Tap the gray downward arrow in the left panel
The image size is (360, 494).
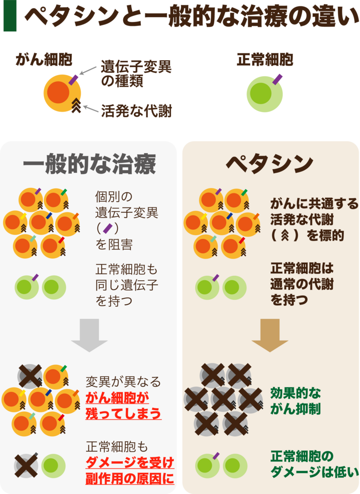[x=89, y=335]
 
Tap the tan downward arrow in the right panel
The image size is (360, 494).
[x=270, y=335]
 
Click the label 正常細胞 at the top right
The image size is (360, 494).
[x=265, y=60]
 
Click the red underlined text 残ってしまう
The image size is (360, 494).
[x=123, y=414]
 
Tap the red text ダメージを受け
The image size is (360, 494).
[x=130, y=462]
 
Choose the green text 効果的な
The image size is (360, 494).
[x=294, y=393]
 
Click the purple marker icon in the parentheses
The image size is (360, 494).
[x=107, y=228]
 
